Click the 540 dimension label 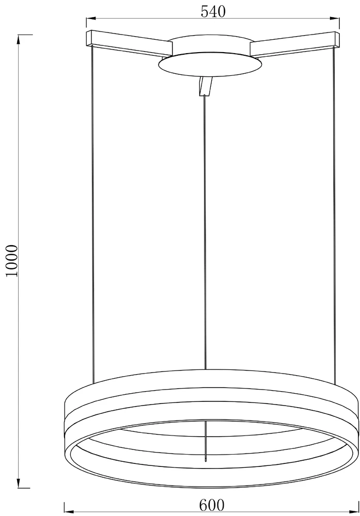click(213, 12)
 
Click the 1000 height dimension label click(12, 261)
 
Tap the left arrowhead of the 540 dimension click(90, 19)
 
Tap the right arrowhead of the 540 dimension click(336, 19)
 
